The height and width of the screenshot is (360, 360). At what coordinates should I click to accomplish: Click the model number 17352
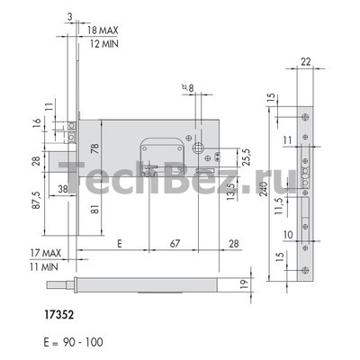pos(59,315)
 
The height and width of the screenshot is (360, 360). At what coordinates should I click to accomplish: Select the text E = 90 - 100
pos(73,342)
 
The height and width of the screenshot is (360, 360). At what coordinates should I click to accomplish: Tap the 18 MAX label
pos(103,30)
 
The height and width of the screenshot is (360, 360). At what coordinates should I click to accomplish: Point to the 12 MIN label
pos(104,44)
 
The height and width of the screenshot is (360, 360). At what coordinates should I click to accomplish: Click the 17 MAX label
pos(46,253)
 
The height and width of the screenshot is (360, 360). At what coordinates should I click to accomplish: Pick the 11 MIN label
pos(44,266)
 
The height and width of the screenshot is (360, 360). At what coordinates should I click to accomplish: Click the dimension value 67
pos(175,243)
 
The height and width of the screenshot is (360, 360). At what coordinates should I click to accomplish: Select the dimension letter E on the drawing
pos(120,243)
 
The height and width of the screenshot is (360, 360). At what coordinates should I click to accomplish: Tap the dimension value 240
pos(264,189)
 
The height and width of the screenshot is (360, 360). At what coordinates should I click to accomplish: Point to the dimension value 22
pos(306,61)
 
